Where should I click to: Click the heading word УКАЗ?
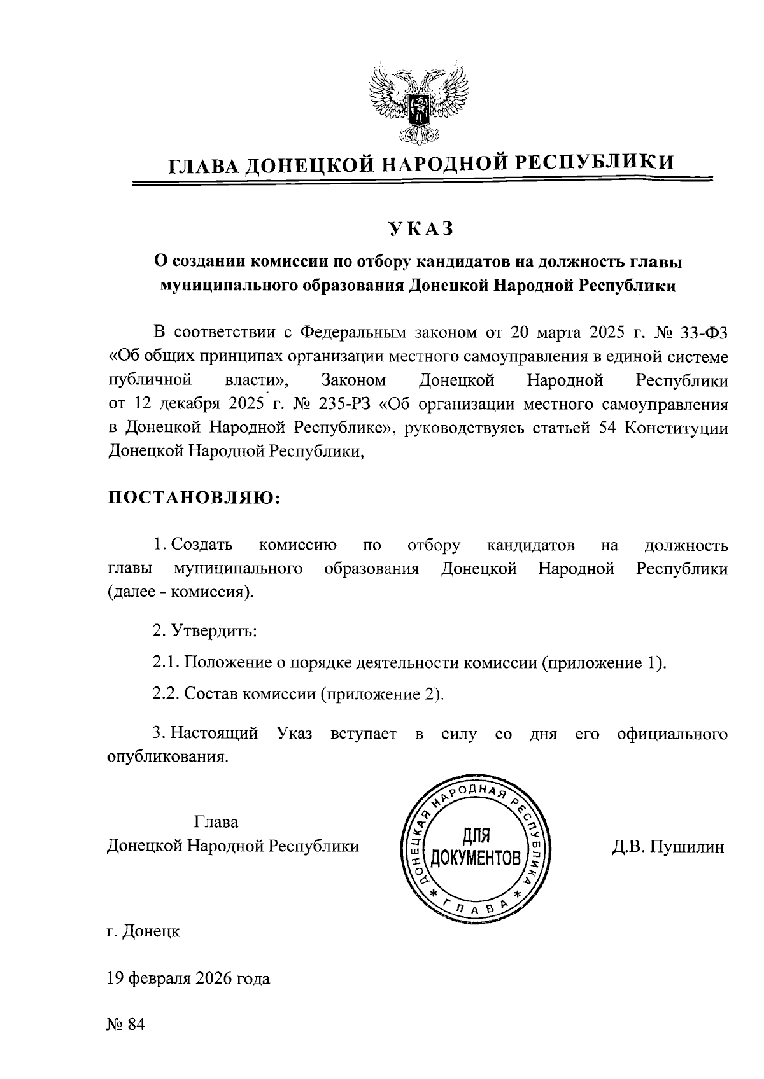pyautogui.click(x=421, y=228)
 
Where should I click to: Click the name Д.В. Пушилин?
pyautogui.click(x=668, y=847)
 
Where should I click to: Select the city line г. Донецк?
pyautogui.click(x=143, y=932)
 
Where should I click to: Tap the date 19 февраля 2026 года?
pyautogui.click(x=188, y=978)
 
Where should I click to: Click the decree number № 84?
pyautogui.click(x=127, y=1025)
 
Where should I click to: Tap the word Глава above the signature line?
pyautogui.click(x=216, y=822)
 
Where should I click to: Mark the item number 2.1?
pyautogui.click(x=166, y=663)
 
